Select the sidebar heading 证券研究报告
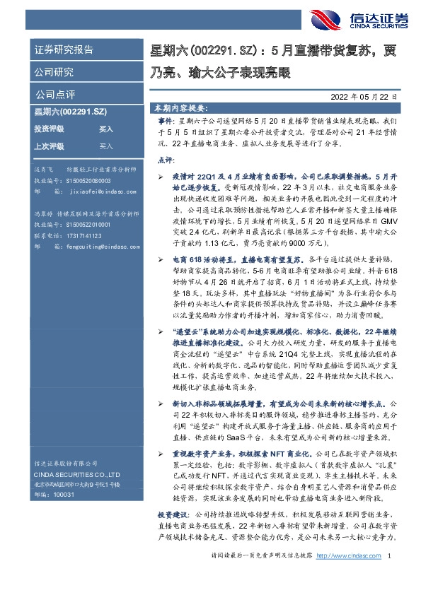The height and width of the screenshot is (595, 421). [64, 50]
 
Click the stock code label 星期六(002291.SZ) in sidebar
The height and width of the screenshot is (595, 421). [71, 112]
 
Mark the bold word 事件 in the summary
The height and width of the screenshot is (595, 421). [165, 122]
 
